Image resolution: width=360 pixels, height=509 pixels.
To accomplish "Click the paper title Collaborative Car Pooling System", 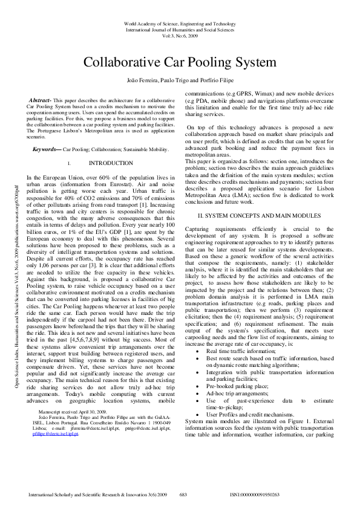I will pos(180,62).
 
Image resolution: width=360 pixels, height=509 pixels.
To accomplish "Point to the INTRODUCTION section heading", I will pos(111,163).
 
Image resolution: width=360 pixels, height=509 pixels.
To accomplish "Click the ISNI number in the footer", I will pos(255,494).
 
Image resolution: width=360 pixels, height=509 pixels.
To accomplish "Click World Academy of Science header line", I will pos(180,23).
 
